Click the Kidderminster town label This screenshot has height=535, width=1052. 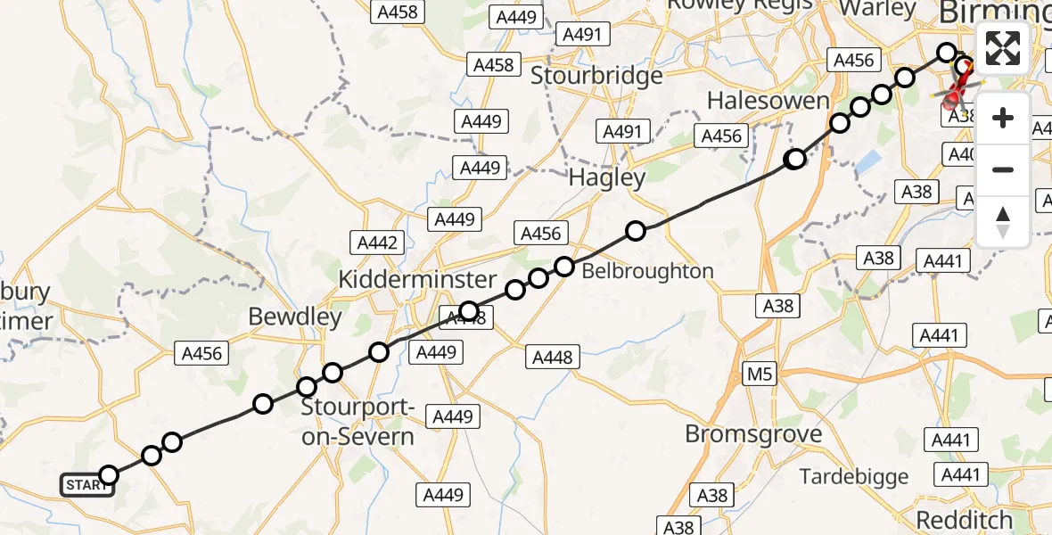(x=417, y=280)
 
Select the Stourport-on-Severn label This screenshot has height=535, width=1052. (x=358, y=423)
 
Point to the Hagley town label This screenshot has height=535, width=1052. (x=607, y=178)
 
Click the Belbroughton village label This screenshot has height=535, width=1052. (x=648, y=271)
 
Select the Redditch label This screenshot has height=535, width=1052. (x=965, y=520)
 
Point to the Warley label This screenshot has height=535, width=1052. (x=878, y=9)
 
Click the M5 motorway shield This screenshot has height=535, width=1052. (x=760, y=374)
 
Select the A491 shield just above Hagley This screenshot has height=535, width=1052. (x=622, y=132)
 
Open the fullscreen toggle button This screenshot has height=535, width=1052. (x=1003, y=48)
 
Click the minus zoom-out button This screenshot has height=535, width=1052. (x=1003, y=169)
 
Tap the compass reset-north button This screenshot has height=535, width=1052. (x=1003, y=221)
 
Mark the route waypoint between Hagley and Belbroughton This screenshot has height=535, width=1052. (x=636, y=231)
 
